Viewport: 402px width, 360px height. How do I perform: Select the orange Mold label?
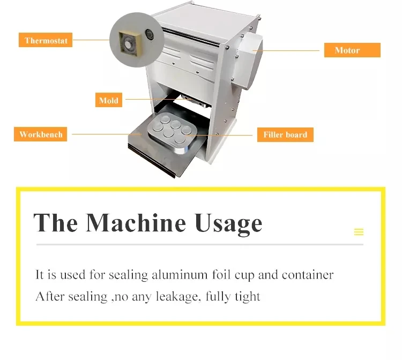pos(109,100)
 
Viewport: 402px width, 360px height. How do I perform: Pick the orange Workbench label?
pos(41,134)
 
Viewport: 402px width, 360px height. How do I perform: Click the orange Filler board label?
pos(285,134)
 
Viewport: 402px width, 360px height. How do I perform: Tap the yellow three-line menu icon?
pos(359,232)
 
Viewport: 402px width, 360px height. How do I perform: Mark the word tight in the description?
pos(248,296)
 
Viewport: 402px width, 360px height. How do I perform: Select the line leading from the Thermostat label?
pos(91,40)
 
